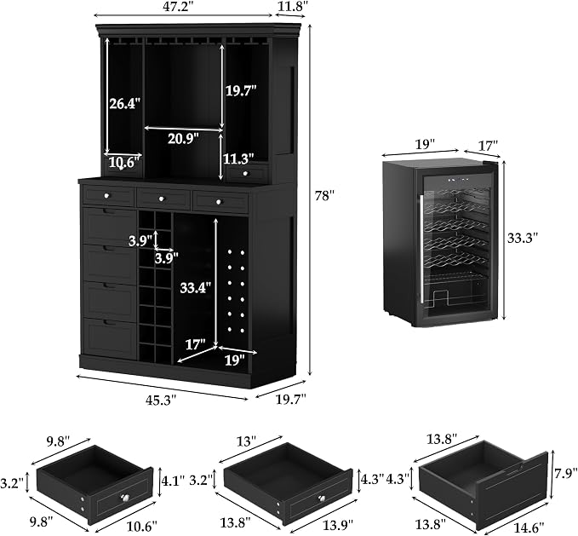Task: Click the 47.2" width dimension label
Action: (x=183, y=7)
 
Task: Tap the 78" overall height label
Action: (x=324, y=195)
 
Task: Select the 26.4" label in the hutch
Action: (x=125, y=104)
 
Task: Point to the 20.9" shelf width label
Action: (x=183, y=139)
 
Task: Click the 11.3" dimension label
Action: (x=238, y=158)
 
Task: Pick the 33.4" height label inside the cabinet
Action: (x=196, y=287)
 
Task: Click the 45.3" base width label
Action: (x=162, y=400)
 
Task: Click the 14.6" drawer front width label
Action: (x=529, y=527)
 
